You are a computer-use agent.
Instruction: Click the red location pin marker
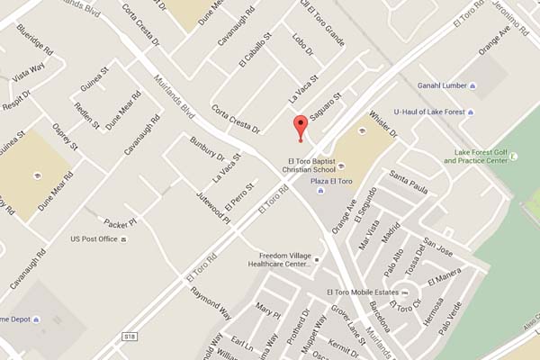point(301,128)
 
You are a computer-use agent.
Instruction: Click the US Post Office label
point(94,239)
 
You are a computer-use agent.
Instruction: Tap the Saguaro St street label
point(327,109)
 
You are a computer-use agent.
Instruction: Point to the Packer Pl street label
point(119,221)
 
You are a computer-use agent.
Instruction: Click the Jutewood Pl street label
point(216,207)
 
